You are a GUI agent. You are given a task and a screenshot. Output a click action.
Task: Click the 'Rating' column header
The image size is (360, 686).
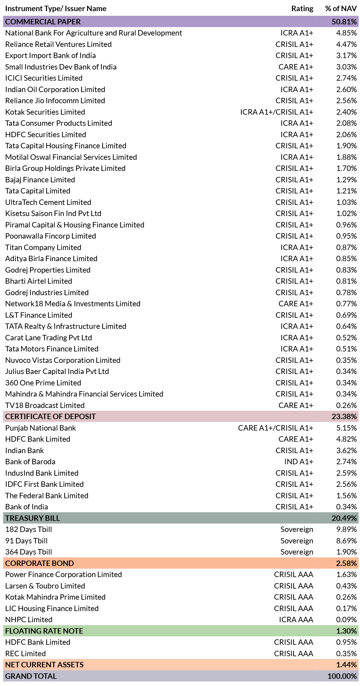coord(302,9)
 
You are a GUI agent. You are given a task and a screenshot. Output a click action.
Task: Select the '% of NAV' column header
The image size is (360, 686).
coord(341,9)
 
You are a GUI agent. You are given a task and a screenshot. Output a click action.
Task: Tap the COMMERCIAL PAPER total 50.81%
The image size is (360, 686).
coord(344,22)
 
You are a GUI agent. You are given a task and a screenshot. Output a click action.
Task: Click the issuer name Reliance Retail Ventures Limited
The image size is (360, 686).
coord(58,44)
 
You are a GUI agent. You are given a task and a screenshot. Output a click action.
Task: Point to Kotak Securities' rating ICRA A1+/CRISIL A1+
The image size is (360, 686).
coord(277,112)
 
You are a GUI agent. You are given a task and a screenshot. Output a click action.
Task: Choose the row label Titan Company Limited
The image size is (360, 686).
coord(43,247)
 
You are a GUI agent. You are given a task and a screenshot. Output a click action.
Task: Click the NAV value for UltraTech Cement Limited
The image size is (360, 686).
coord(346,202)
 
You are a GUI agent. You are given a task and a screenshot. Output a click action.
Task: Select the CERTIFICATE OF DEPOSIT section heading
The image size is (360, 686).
coord(50,416)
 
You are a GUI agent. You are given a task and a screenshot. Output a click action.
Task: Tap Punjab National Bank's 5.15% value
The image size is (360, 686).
coord(346,428)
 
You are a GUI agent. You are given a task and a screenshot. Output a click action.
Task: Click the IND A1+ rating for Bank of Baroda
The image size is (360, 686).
coord(299,462)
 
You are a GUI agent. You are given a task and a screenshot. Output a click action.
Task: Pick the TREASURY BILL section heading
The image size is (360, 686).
coord(33,518)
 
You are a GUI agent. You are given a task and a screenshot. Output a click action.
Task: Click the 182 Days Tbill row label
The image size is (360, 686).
coord(29,529)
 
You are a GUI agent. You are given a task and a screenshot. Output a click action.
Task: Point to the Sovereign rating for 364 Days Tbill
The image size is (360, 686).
coord(297,552)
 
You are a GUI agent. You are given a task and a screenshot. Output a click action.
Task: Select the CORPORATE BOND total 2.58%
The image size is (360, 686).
coord(346,563)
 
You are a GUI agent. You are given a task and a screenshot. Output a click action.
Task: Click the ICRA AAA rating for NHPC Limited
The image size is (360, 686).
coord(296,620)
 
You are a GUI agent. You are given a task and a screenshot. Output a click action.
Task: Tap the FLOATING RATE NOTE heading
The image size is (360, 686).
coord(44,631)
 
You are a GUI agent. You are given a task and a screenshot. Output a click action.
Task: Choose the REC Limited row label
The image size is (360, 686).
coord(26,654)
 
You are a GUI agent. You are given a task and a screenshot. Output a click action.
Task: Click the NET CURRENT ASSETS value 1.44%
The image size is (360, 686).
coord(346,665)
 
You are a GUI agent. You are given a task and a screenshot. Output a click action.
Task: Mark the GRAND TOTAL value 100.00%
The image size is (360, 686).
coord(342,676)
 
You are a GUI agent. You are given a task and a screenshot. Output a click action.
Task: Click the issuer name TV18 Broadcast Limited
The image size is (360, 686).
coord(45,405)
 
